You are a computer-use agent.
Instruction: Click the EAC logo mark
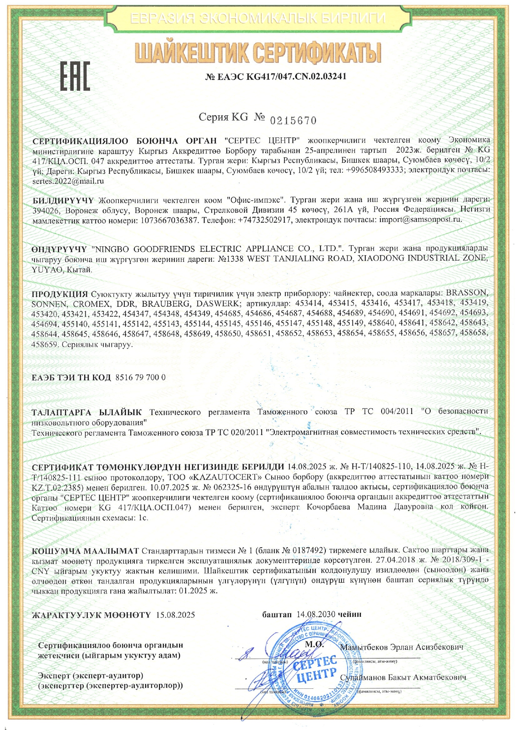coord(75,76)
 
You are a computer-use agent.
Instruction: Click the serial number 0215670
coord(293,121)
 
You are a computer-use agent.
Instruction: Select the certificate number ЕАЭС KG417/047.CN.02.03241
coord(276,77)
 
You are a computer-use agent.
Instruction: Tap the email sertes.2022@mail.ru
coord(68,181)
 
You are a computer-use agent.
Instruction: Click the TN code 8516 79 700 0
coord(140,377)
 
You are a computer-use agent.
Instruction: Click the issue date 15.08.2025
coord(175,615)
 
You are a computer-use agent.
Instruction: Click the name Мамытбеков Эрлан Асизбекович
coord(402,647)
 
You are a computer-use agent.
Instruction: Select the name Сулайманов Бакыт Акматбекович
coord(403,677)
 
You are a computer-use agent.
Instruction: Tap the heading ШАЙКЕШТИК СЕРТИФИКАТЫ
coord(258,53)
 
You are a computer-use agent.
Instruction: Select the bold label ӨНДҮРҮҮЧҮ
coord(59,249)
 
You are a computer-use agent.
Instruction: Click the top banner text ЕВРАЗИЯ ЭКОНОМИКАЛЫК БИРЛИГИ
coord(258,19)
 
